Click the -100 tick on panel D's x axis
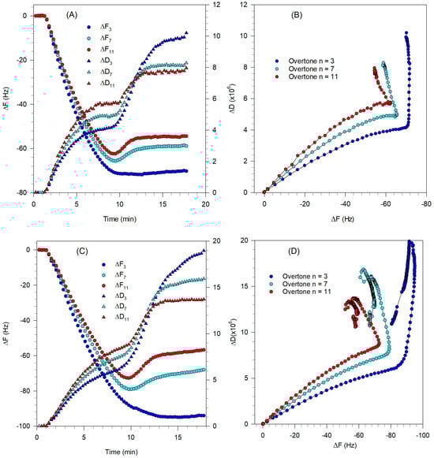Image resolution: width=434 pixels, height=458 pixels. [423, 435]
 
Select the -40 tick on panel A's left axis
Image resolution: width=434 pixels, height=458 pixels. [23, 104]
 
